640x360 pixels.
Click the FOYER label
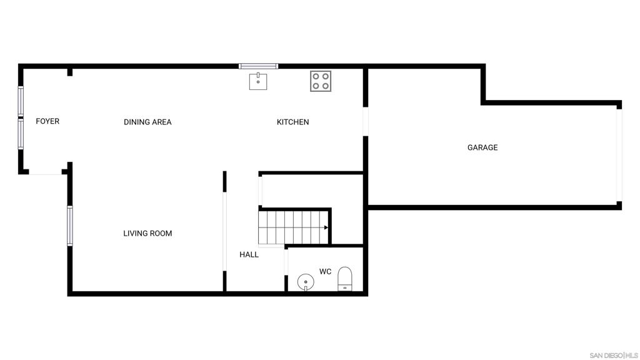[47, 121]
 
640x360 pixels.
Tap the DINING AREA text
[147, 122]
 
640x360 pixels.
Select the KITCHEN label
[292, 122]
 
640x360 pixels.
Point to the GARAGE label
[482, 147]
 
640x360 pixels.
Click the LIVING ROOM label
[147, 234]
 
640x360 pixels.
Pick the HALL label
[249, 255]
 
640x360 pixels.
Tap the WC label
[325, 271]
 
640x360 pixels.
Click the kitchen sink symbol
[258, 81]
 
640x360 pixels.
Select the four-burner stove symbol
[321, 81]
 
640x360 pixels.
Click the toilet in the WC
[345, 279]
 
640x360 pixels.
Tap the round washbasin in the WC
[306, 282]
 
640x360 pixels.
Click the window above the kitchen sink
[258, 66]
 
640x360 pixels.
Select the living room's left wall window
[70, 226]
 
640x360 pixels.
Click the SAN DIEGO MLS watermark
[614, 356]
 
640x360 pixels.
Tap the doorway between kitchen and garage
[366, 122]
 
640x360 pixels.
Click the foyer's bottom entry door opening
[45, 173]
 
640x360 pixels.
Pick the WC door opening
[286, 262]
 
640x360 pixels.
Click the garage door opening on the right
[619, 155]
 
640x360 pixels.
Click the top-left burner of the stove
[316, 76]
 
